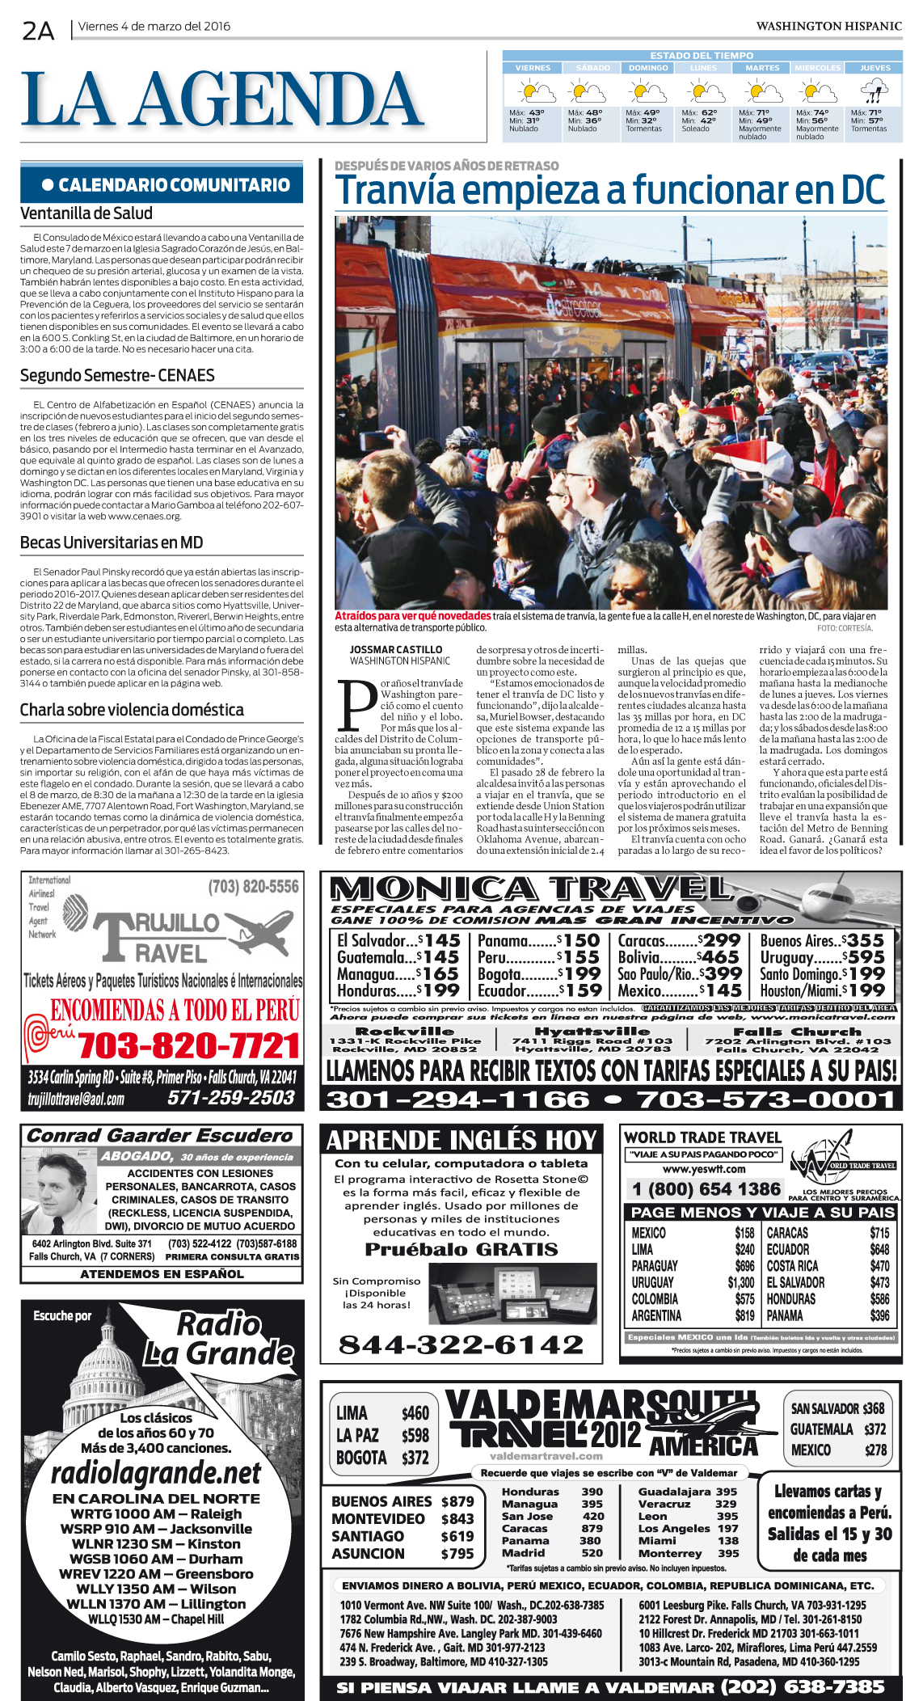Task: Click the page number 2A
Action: pyautogui.click(x=38, y=31)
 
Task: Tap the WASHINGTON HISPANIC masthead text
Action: pyautogui.click(x=828, y=26)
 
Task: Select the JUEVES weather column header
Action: pyautogui.click(x=875, y=68)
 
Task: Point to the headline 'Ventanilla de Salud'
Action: pyautogui.click(x=86, y=213)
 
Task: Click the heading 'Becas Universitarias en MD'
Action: pyautogui.click(x=112, y=542)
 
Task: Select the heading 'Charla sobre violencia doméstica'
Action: pyautogui.click(x=132, y=710)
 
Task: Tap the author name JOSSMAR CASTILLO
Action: pyautogui.click(x=396, y=649)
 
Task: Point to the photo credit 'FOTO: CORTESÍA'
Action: pyautogui.click(x=845, y=628)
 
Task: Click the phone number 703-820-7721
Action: pyautogui.click(x=189, y=1046)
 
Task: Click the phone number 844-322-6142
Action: pyautogui.click(x=461, y=1344)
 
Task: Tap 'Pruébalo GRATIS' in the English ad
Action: pyautogui.click(x=461, y=1250)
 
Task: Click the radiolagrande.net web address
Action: pyautogui.click(x=156, y=1473)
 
